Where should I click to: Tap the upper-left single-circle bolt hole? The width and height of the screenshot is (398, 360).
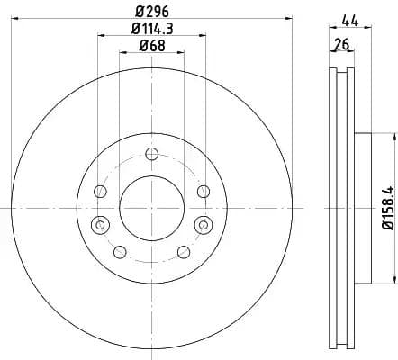pos(101,192)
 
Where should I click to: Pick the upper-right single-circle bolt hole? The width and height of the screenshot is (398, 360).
pos(203,191)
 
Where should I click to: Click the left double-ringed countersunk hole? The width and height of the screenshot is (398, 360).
pos(100,224)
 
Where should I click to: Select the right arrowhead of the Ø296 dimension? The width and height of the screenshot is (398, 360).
pos(289,17)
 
